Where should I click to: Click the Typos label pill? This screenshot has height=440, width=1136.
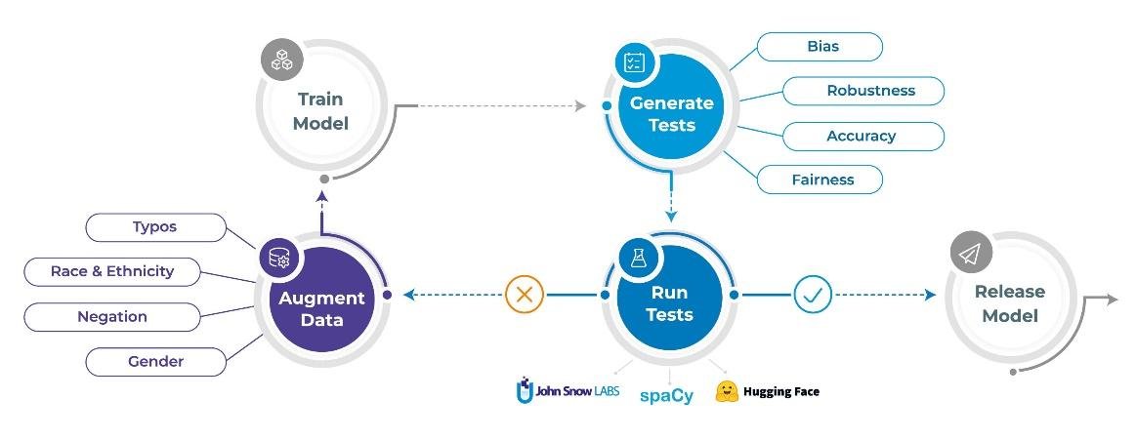coord(155,227)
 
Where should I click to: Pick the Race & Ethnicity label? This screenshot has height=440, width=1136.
coord(111,271)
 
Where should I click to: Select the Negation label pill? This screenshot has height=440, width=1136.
coord(111,317)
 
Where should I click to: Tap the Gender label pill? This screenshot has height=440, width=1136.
coord(155,362)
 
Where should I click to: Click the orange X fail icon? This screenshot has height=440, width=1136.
coord(525,294)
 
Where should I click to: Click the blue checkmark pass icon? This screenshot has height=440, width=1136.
coord(813,294)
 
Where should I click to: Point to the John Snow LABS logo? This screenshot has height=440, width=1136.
coord(567,391)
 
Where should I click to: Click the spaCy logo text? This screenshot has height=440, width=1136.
coord(667,395)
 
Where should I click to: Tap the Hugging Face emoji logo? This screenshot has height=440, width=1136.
coord(726,391)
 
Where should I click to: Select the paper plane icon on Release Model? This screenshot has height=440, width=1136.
coord(970,254)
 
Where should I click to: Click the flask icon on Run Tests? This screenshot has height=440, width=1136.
coord(639,258)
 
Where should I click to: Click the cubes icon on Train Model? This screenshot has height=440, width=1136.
coord(281,60)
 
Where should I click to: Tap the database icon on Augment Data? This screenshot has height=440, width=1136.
coord(279,258)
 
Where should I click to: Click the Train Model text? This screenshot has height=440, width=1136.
coord(322,112)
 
